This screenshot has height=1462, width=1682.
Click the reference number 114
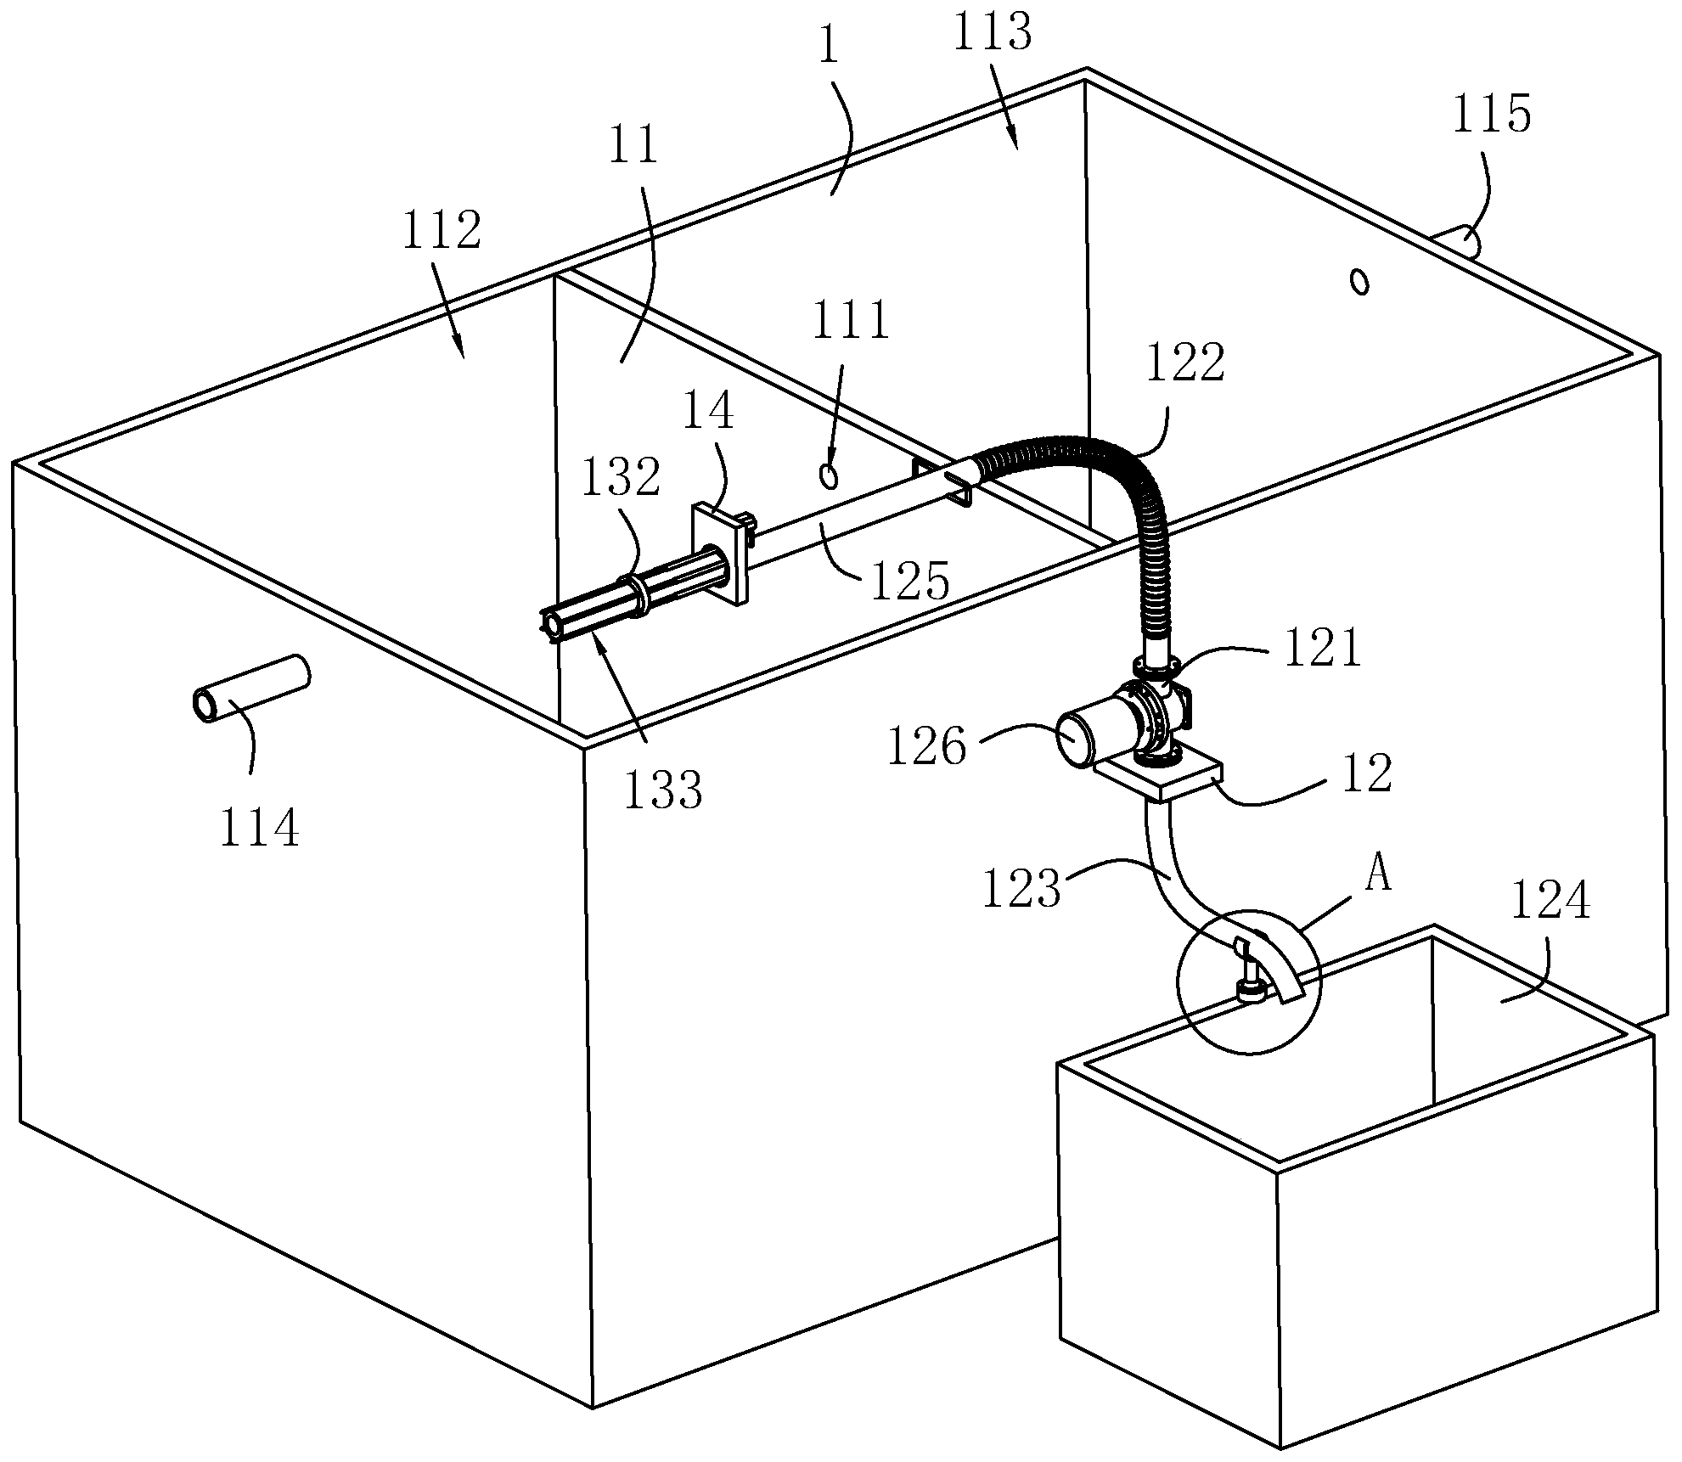click(x=259, y=828)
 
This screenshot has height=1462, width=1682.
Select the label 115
click(x=1492, y=115)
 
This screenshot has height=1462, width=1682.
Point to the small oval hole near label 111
click(x=829, y=476)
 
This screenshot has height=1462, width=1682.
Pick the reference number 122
click(x=1185, y=363)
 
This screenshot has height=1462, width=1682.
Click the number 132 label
click(x=621, y=478)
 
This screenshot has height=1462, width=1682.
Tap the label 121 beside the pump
click(x=1322, y=649)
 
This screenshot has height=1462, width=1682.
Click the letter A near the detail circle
click(x=1379, y=875)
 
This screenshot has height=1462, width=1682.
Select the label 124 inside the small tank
click(x=1549, y=902)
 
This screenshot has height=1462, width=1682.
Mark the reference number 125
click(x=909, y=582)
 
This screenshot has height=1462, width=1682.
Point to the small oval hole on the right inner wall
click(x=1359, y=281)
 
